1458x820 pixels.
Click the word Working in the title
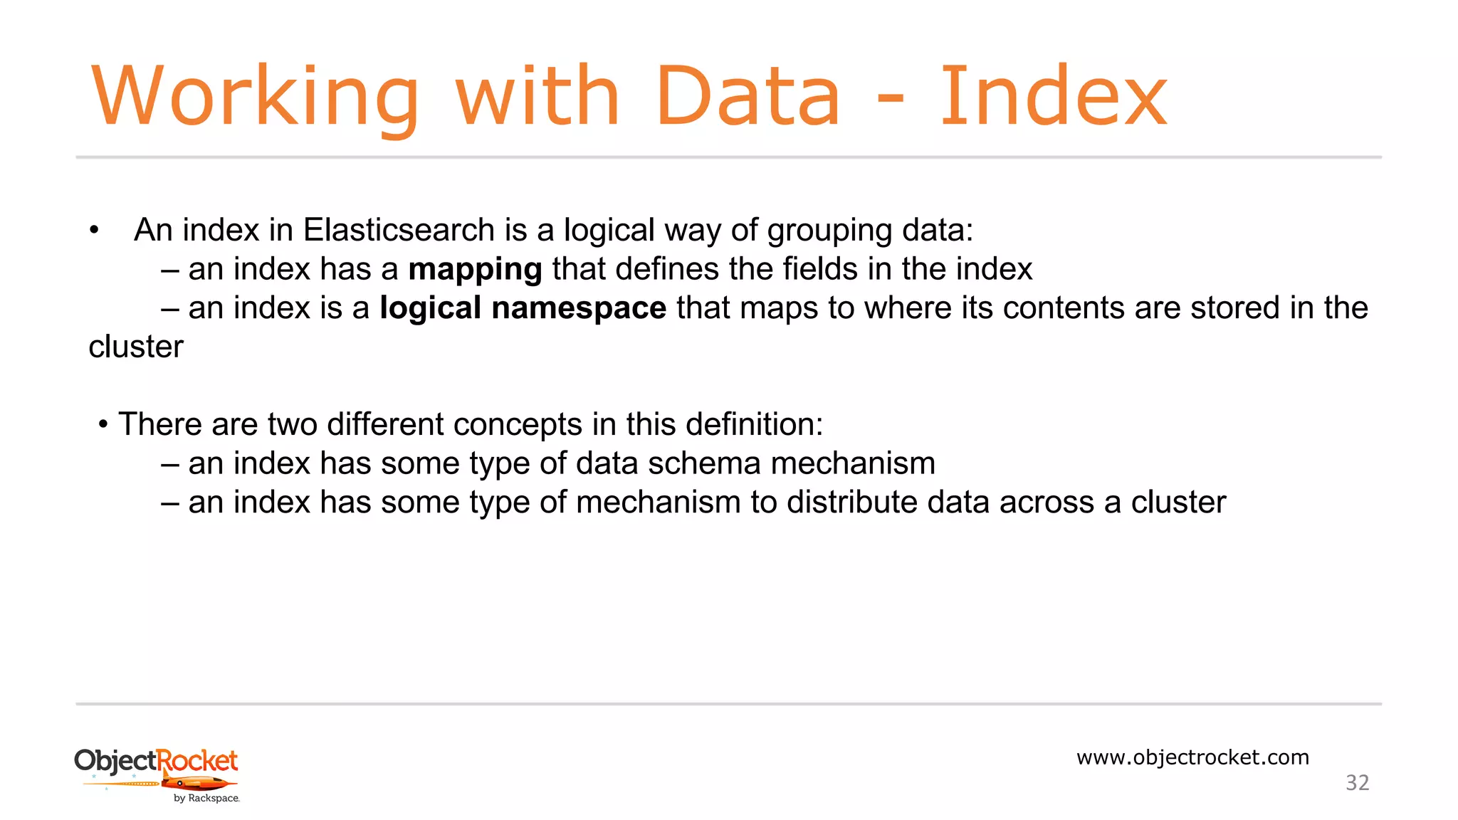click(255, 97)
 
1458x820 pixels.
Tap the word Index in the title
click(1054, 97)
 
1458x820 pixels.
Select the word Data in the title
click(748, 97)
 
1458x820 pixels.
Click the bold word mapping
click(475, 270)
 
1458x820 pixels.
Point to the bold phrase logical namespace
click(523, 308)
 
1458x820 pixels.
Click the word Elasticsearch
click(399, 230)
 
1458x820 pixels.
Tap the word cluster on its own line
click(136, 347)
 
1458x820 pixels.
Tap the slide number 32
click(1357, 783)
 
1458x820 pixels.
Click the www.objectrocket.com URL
click(1192, 757)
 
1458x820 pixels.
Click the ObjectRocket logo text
click(156, 761)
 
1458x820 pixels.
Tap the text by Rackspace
click(206, 799)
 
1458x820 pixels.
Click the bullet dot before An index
click(94, 230)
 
